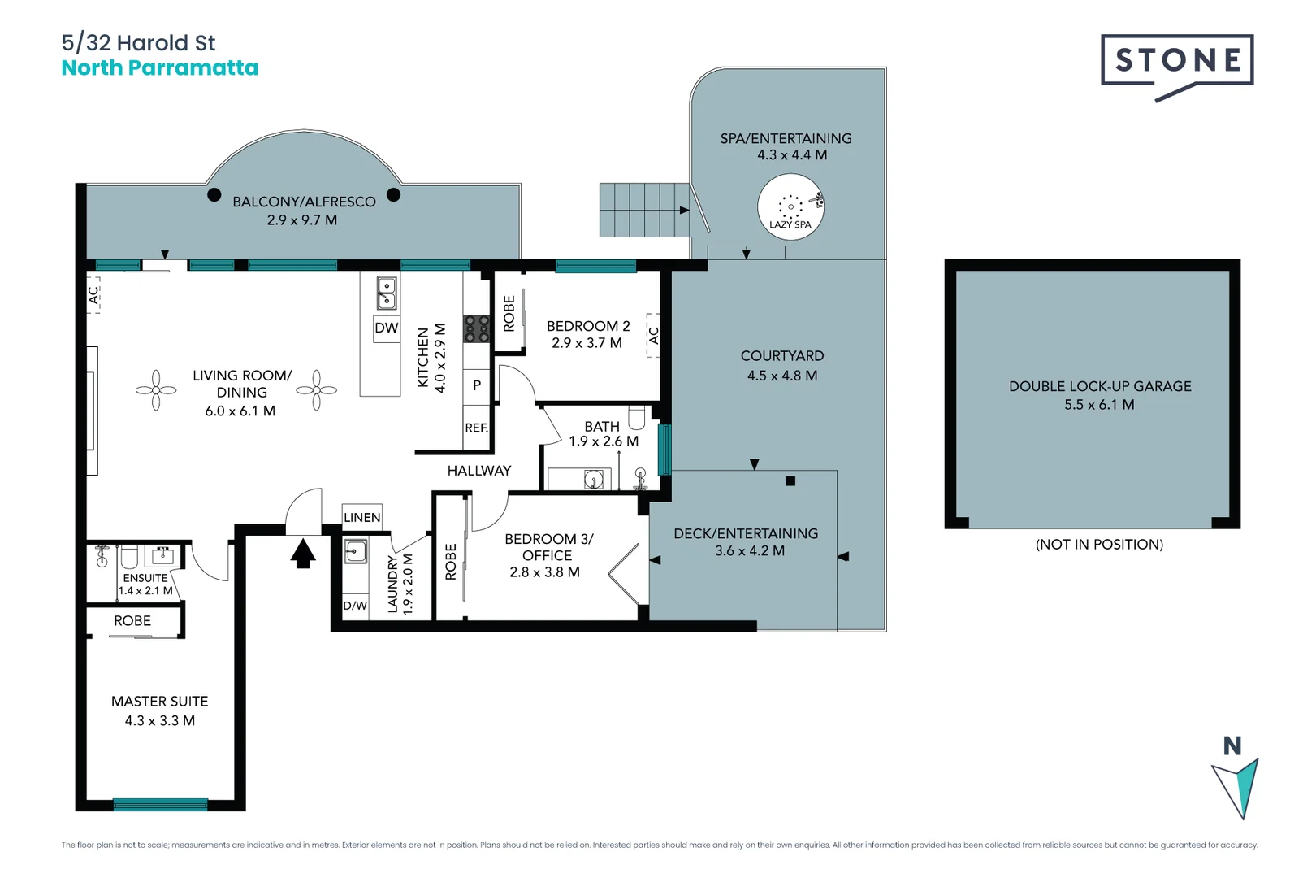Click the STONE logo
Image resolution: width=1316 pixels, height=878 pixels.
1177,60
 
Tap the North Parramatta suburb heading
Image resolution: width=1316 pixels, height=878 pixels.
160,68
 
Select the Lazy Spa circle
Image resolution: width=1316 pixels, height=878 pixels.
790,207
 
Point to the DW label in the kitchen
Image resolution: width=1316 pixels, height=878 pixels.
387,328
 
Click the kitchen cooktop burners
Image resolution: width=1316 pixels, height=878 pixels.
477,328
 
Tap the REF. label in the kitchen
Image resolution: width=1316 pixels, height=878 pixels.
476,428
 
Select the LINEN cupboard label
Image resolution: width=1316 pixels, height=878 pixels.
362,517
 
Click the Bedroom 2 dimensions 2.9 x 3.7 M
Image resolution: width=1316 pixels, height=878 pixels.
587,343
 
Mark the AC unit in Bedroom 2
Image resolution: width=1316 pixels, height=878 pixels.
653,335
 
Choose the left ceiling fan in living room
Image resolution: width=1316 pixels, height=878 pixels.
156,391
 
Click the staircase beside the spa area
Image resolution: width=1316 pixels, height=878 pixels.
644,210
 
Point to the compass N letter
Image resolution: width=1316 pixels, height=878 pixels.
1232,745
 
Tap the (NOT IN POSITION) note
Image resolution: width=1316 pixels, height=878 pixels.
1099,545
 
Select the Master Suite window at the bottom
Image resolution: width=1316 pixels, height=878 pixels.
160,805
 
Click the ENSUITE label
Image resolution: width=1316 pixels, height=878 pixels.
145,578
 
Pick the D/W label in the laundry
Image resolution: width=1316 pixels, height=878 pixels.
355,606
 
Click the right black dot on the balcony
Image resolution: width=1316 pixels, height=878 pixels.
393,194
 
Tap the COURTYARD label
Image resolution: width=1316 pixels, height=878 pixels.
782,356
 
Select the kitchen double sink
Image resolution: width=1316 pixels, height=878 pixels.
387,293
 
